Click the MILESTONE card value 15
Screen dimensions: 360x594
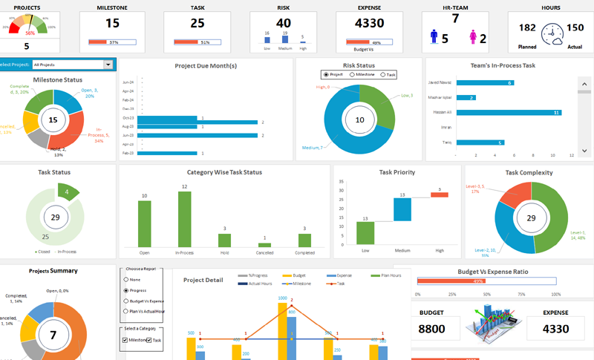112,23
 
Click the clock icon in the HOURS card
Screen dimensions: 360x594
552,33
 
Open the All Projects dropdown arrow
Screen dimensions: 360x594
108,65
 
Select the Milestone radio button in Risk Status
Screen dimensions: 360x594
353,75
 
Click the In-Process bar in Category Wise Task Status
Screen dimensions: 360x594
185,220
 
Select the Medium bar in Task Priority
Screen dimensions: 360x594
402,209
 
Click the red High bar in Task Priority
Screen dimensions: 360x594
440,194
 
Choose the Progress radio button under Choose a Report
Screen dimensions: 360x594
126,290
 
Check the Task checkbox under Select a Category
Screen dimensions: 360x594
149,340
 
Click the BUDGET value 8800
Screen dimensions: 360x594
431,329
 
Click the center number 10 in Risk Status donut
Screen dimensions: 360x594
360,120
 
